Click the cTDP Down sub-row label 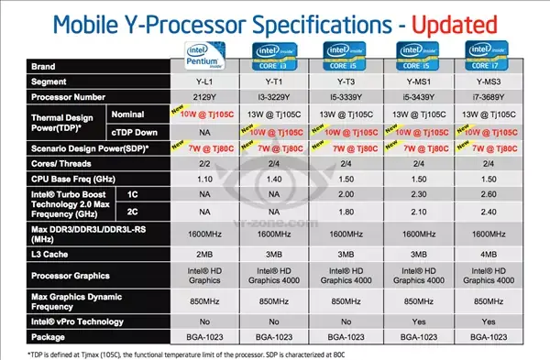coord(110,130)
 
